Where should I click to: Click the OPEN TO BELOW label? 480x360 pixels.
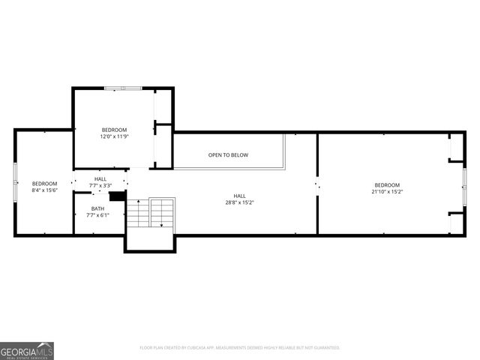pyautogui.click(x=228, y=155)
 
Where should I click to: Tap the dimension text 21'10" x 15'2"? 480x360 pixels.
pyautogui.click(x=387, y=191)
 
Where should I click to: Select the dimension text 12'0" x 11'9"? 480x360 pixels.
pyautogui.click(x=115, y=136)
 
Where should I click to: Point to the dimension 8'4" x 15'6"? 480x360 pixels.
pyautogui.click(x=44, y=190)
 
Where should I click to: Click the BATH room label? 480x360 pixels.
pyautogui.click(x=98, y=208)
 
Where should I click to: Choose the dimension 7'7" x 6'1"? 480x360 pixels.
pyautogui.click(x=98, y=215)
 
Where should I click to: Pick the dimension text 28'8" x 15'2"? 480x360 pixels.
pyautogui.click(x=239, y=202)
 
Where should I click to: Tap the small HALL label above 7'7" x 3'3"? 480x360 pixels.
pyautogui.click(x=100, y=178)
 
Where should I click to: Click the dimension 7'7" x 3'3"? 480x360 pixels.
pyautogui.click(x=100, y=185)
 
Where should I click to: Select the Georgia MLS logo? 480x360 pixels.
pyautogui.click(x=27, y=350)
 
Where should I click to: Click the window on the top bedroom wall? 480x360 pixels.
pyautogui.click(x=123, y=88)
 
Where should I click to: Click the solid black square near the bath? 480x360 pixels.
pyautogui.click(x=116, y=196)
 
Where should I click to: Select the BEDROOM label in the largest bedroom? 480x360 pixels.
pyautogui.click(x=387, y=184)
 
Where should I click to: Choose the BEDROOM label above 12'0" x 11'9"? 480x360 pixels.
pyautogui.click(x=115, y=130)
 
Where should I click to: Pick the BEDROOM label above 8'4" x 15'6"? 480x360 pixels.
pyautogui.click(x=44, y=184)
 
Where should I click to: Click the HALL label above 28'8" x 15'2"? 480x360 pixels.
pyautogui.click(x=239, y=195)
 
